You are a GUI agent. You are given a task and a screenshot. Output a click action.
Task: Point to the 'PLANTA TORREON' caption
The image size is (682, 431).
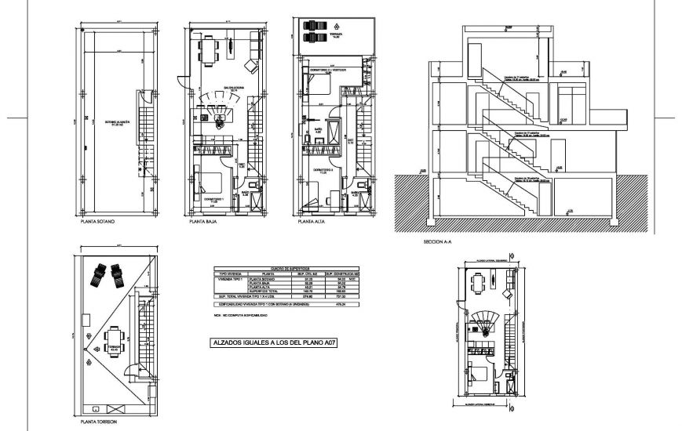pos(100,421)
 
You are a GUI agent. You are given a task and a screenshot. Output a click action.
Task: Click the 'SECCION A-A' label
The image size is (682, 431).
pos(438,241)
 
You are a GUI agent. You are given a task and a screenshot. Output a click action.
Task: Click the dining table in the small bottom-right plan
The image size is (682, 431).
pos(478,281)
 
